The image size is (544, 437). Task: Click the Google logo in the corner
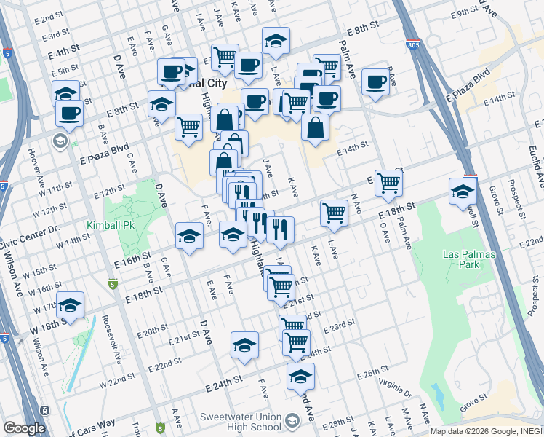pos(24,428)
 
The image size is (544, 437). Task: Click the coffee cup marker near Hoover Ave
pos(69,114)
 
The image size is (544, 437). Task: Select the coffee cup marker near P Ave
pos(375,82)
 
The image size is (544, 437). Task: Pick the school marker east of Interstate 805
pos(463,192)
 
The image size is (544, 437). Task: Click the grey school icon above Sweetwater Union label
pos(292,420)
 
